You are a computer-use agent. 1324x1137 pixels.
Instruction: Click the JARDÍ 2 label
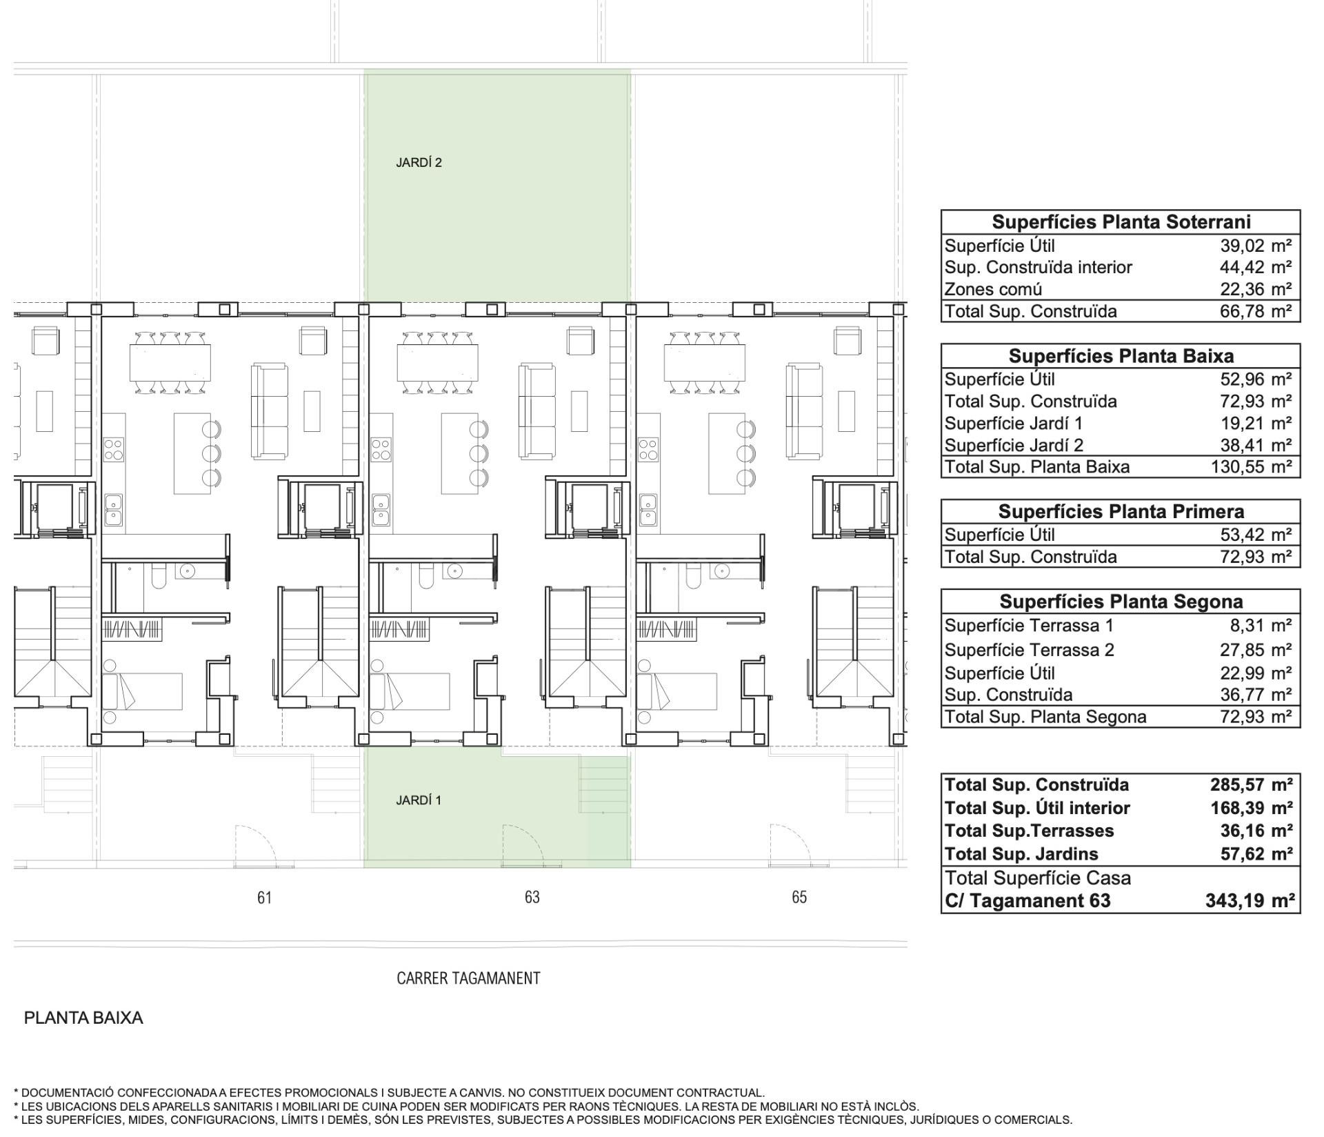[x=419, y=163]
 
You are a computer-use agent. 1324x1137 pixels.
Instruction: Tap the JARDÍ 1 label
[x=419, y=800]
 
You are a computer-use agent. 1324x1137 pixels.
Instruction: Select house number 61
[x=264, y=898]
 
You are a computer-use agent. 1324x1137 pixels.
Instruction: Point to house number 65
[x=799, y=898]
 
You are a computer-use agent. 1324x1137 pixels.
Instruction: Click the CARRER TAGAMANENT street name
[x=468, y=978]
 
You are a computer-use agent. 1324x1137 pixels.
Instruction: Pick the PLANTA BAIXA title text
[x=83, y=1018]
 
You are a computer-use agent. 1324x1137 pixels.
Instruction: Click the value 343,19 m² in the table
[x=1250, y=901]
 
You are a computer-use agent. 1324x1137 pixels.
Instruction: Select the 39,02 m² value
[x=1256, y=246]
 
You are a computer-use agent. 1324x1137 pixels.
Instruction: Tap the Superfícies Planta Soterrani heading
[x=1121, y=222]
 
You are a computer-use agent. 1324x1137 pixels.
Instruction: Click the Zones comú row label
[x=993, y=290]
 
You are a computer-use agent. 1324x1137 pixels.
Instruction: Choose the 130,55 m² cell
[x=1251, y=467]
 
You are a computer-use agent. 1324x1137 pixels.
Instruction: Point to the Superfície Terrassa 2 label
[x=1030, y=650]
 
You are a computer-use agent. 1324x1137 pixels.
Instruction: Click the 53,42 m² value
[x=1256, y=535]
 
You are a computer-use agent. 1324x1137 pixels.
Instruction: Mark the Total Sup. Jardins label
[x=1021, y=854]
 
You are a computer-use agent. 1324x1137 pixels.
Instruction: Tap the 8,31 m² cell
[x=1261, y=626]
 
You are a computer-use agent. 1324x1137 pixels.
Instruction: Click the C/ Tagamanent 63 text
[x=1028, y=901]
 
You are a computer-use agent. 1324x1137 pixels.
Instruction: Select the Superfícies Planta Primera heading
[x=1121, y=512]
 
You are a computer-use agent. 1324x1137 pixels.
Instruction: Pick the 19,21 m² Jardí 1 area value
[x=1256, y=424]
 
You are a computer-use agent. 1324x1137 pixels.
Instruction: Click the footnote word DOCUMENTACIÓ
[x=68, y=1093]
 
